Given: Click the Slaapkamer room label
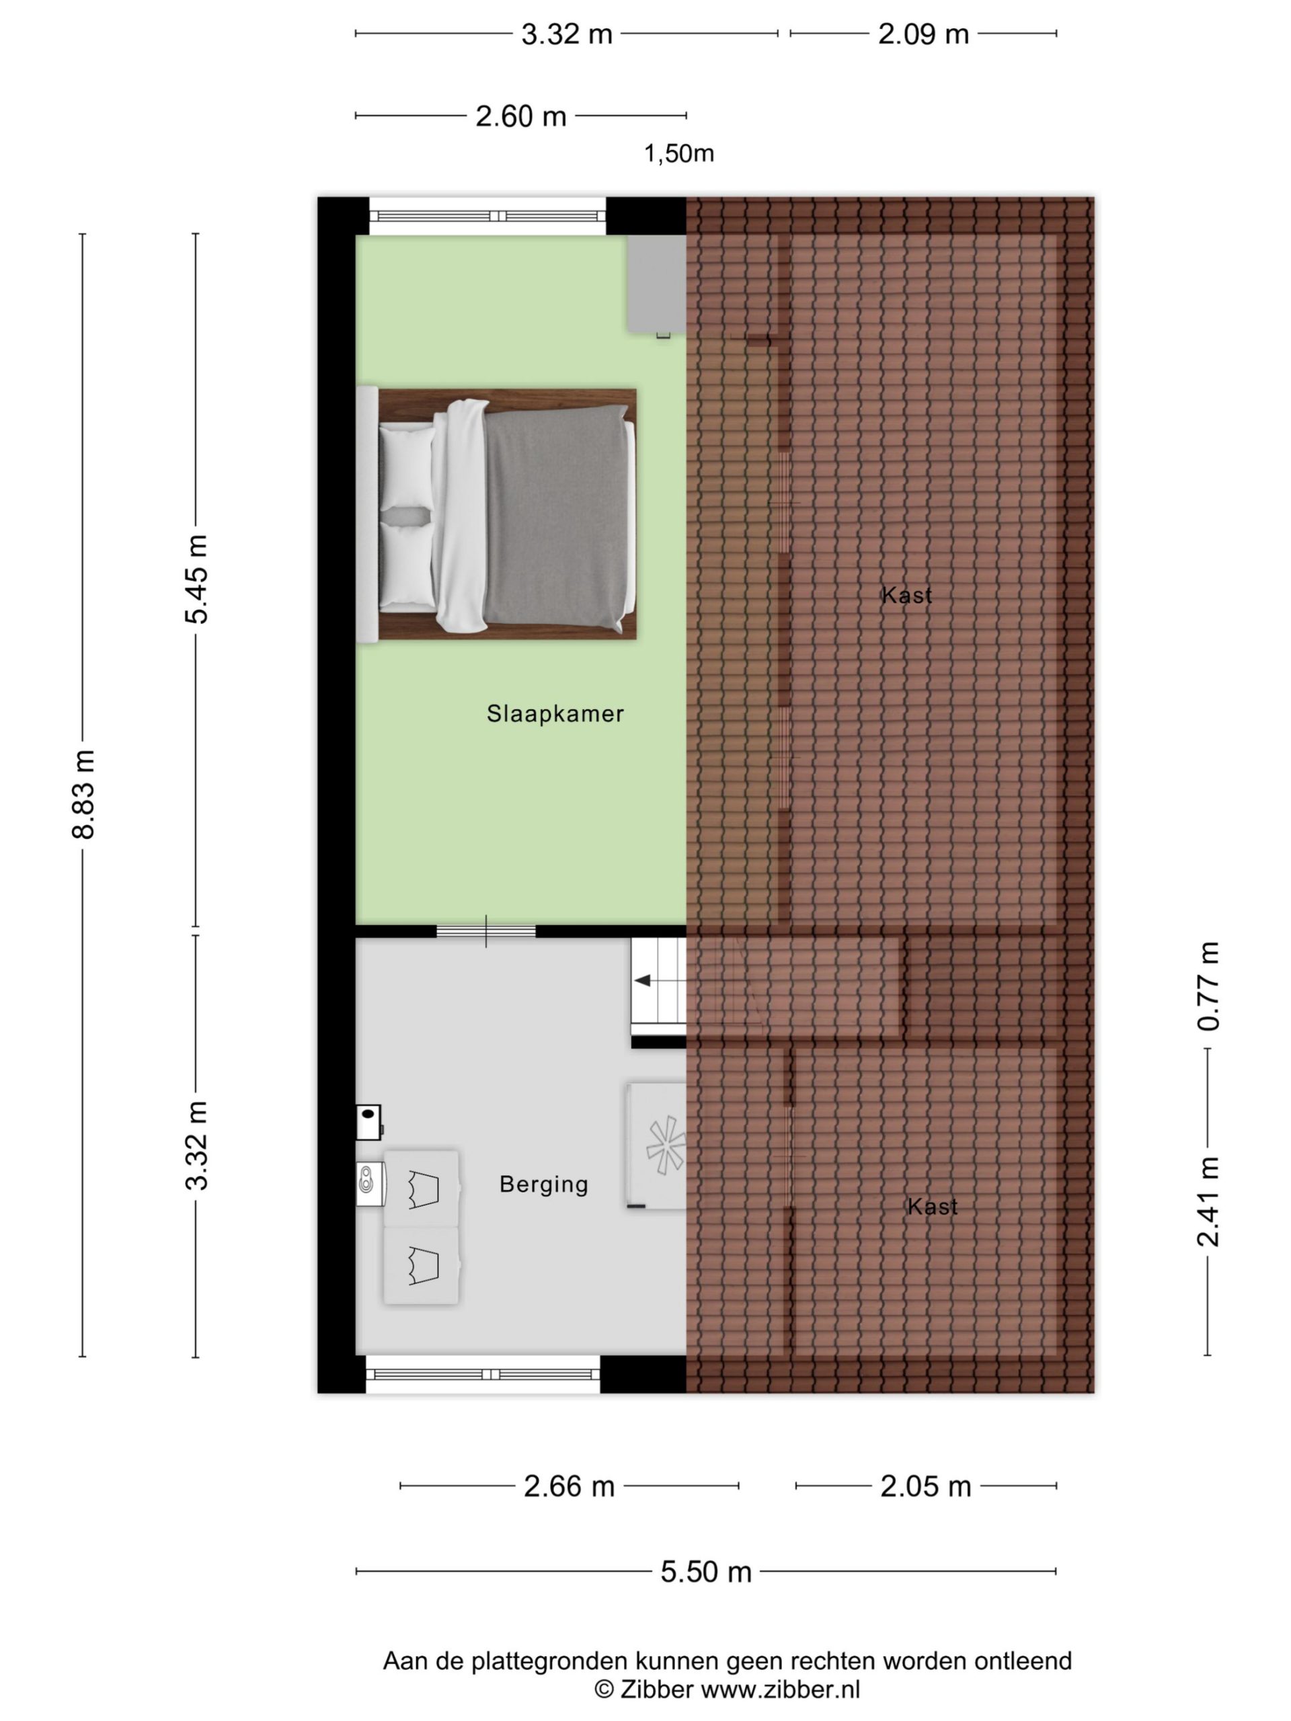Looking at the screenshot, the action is click(555, 713).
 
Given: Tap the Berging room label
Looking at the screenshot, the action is click(543, 1184).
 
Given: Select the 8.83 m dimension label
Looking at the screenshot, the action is click(83, 795).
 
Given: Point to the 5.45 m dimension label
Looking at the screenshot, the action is click(196, 579).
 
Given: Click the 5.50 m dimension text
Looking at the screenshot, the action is click(706, 1572).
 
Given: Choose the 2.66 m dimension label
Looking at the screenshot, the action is click(569, 1486).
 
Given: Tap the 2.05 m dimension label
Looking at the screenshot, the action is click(925, 1486).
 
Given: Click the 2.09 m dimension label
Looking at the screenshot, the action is click(923, 34).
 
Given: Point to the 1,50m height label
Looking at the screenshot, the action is click(678, 154).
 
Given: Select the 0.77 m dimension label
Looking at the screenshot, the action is click(1208, 986).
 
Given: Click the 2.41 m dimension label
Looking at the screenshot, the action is click(1208, 1202).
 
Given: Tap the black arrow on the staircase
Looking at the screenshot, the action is click(643, 980).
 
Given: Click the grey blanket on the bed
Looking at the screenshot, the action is click(555, 518).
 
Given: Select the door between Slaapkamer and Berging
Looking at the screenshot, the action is click(485, 931).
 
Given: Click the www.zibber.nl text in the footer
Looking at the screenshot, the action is click(781, 1689).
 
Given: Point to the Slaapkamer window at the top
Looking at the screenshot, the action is click(487, 216).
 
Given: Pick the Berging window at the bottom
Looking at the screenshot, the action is click(483, 1375).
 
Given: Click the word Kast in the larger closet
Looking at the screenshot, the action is click(906, 595).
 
